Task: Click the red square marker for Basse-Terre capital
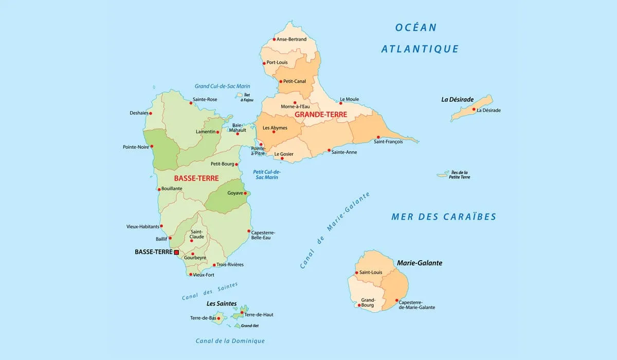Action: click(176, 253)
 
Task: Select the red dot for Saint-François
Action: click(378, 137)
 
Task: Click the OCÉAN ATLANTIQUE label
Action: click(419, 39)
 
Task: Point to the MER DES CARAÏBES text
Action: click(444, 217)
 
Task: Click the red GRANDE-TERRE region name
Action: click(320, 115)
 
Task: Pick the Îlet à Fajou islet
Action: click(239, 95)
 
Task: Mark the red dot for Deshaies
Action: click(151, 113)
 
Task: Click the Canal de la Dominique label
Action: click(230, 341)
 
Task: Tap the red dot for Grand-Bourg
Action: click(359, 305)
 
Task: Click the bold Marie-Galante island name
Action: click(419, 263)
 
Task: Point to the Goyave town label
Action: click(235, 193)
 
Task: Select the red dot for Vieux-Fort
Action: click(191, 274)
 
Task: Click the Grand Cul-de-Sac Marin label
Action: click(222, 86)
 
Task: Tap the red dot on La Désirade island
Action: click(474, 109)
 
